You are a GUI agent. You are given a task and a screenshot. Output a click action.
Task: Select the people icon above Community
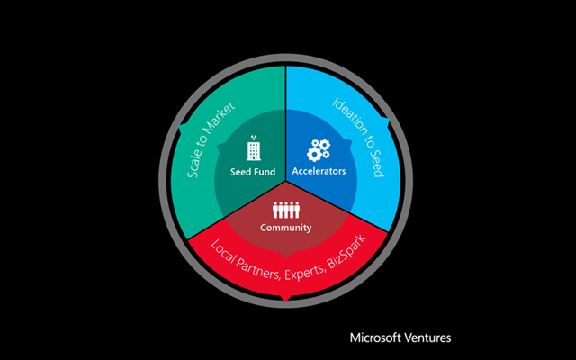[285, 210]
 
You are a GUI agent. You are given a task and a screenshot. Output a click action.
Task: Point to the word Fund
[265, 171]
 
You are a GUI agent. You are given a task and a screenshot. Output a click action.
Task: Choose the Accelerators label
[319, 171]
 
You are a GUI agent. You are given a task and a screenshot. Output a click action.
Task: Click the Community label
[286, 228]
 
